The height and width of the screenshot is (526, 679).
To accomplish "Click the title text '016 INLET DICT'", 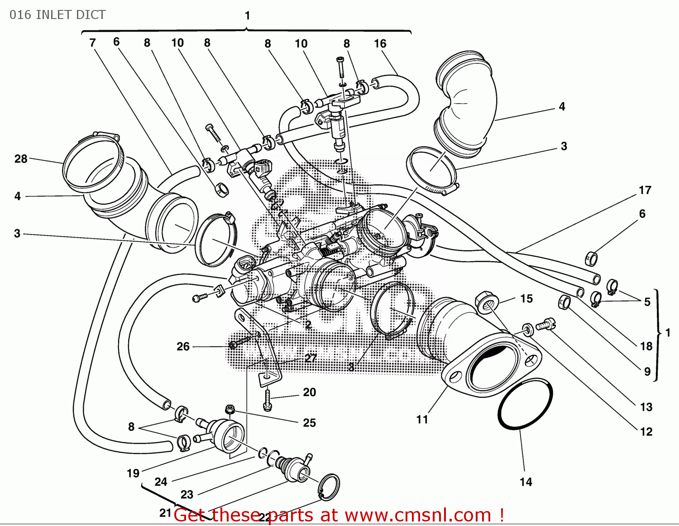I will (57, 15).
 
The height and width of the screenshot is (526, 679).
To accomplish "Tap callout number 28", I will (21, 159).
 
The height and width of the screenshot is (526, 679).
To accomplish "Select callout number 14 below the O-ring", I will (526, 482).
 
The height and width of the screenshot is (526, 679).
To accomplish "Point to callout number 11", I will (422, 420).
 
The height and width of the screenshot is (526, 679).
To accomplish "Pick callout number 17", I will (645, 190).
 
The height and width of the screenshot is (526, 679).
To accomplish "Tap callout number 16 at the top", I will (380, 44).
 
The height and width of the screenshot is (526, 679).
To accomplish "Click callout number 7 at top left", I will (92, 43).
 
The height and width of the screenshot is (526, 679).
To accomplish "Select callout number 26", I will (183, 347).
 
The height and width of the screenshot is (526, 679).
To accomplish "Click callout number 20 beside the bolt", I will (310, 392).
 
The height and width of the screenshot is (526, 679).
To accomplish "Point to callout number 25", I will (310, 423).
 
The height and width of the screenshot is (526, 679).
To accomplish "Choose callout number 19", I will (133, 473).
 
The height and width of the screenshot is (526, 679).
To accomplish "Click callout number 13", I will (646, 407).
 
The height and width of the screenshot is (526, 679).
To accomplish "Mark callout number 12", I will (646, 432).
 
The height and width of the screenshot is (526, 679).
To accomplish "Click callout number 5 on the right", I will (647, 302).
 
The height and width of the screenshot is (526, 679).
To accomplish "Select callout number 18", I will (646, 346).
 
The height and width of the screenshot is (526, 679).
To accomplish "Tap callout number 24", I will (161, 482).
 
